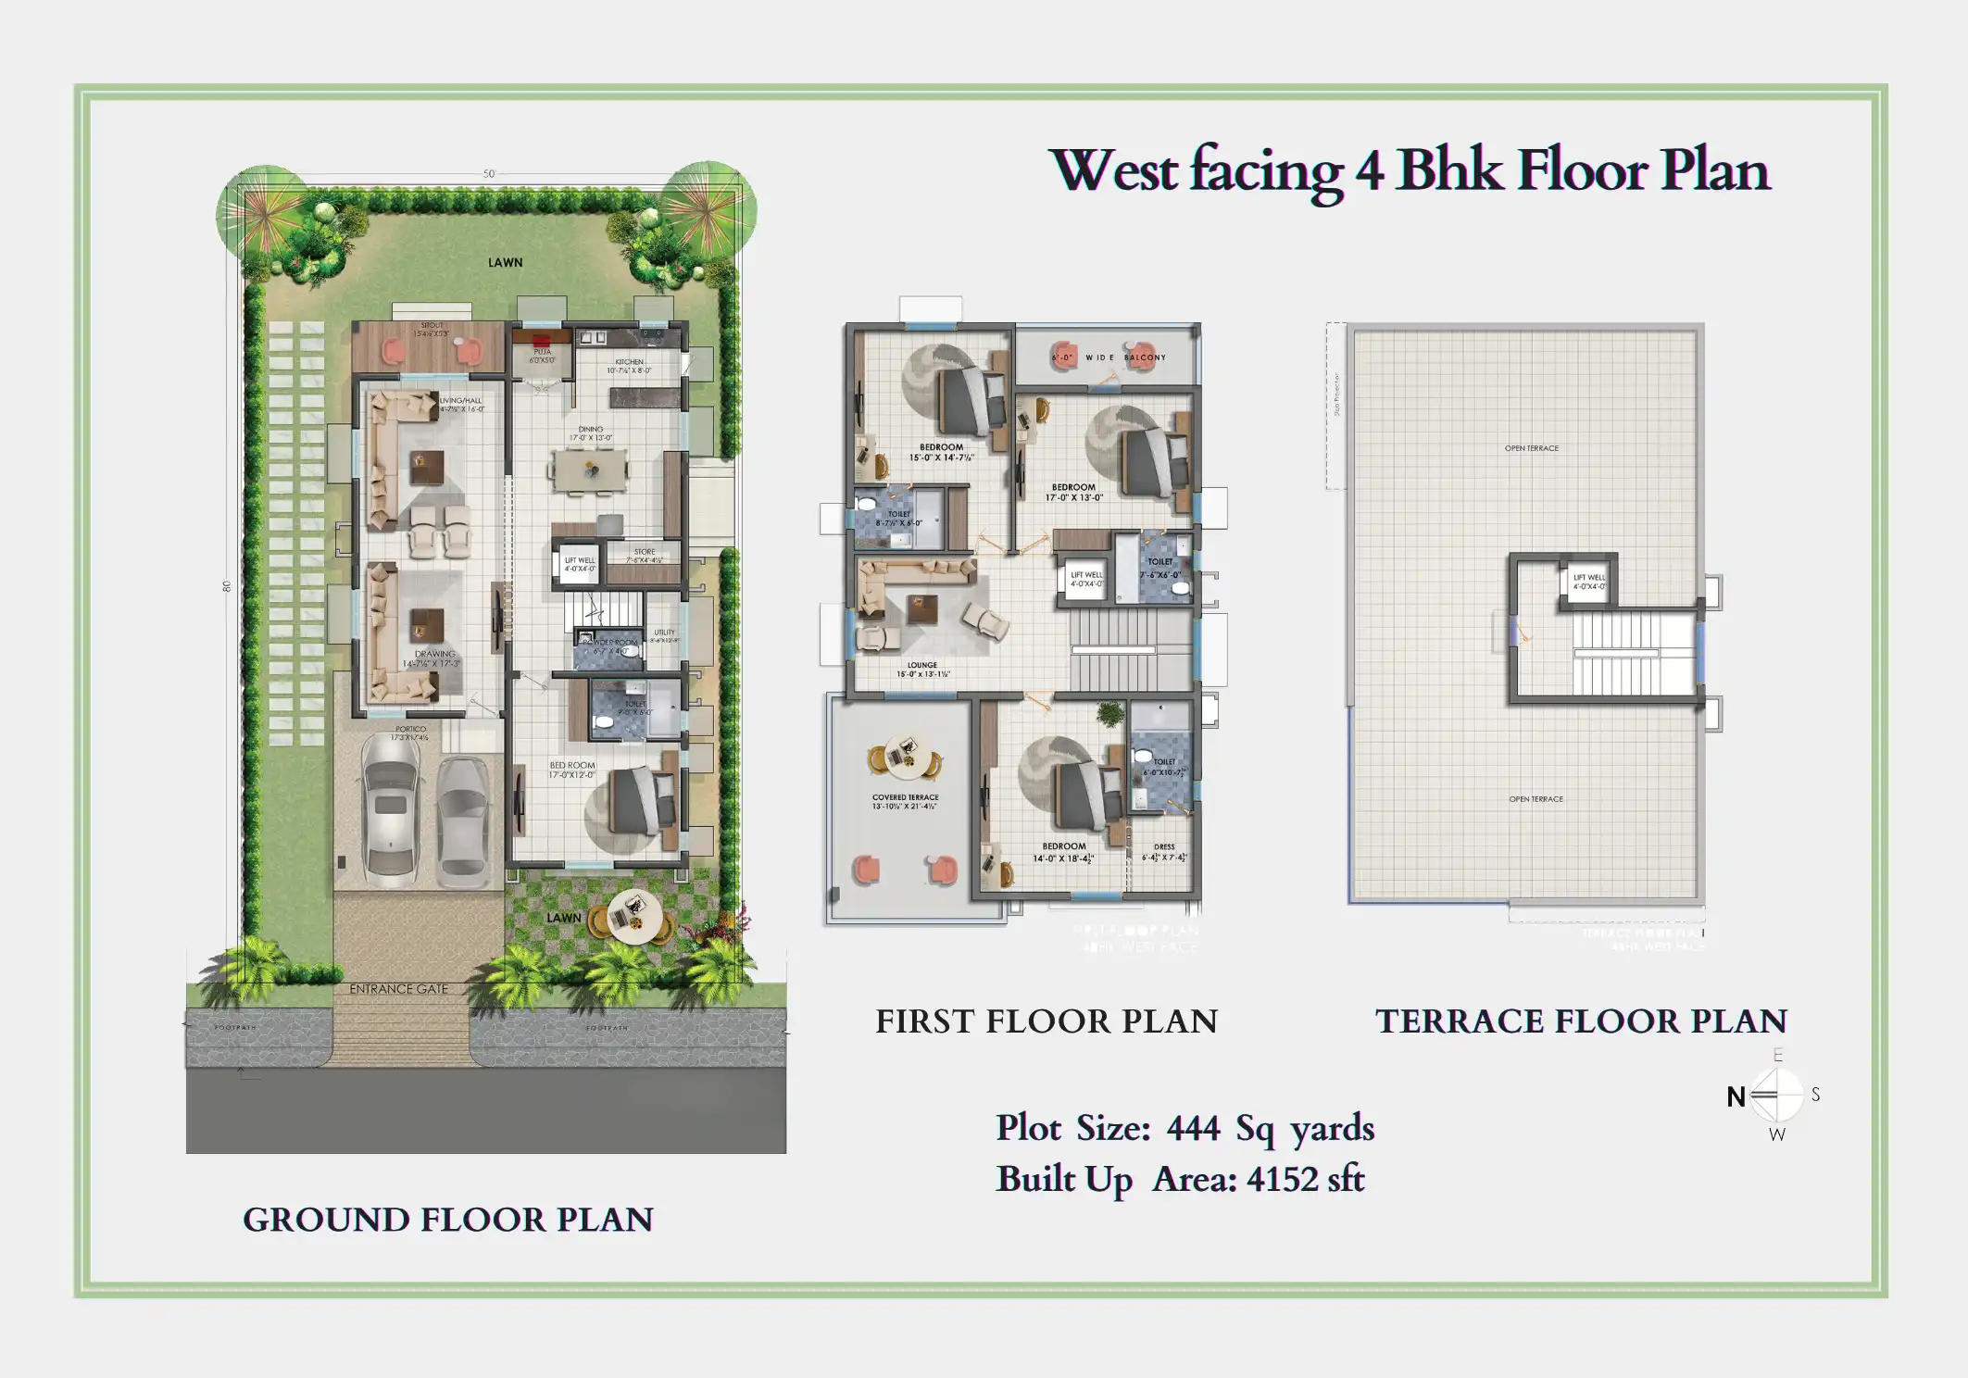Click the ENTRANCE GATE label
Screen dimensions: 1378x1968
click(x=398, y=989)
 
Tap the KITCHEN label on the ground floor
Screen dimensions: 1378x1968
click(x=629, y=362)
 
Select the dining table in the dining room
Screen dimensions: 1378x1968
click(x=589, y=470)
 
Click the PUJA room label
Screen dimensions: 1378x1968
click(x=543, y=352)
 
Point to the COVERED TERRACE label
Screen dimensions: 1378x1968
click(x=905, y=797)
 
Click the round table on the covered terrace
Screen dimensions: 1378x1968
click(x=902, y=756)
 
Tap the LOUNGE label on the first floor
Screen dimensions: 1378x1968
click(x=921, y=665)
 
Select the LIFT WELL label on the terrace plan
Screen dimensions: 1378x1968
click(x=1589, y=578)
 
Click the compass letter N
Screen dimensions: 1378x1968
click(x=1736, y=1097)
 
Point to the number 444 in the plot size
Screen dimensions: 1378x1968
click(x=1193, y=1129)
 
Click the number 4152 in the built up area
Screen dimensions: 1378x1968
click(x=1282, y=1180)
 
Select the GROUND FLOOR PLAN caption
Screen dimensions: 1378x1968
click(x=448, y=1221)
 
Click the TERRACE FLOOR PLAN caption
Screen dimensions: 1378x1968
click(x=1581, y=1021)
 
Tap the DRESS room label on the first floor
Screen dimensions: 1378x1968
click(x=1164, y=846)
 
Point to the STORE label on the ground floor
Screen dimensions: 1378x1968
click(x=645, y=552)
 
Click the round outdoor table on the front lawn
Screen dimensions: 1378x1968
click(x=633, y=916)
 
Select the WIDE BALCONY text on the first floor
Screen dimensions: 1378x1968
click(x=1125, y=357)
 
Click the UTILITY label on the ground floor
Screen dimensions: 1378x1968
click(x=664, y=633)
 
